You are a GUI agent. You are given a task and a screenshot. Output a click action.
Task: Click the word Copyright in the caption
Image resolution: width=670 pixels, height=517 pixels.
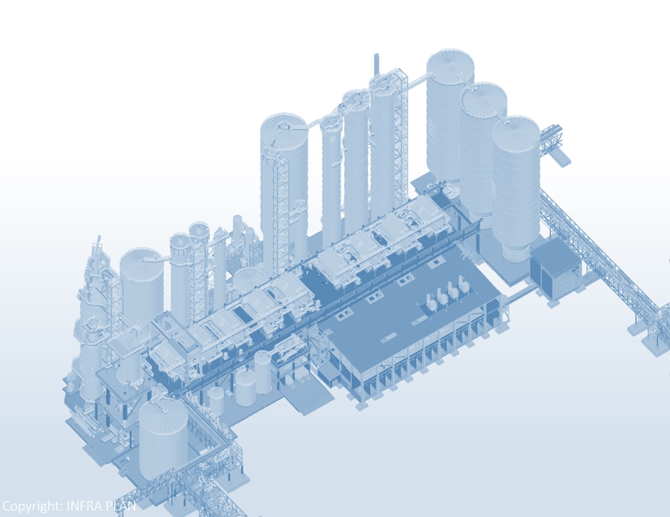(x=32, y=506)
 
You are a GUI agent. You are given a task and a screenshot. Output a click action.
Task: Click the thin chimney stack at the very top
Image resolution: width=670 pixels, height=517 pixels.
(x=376, y=64)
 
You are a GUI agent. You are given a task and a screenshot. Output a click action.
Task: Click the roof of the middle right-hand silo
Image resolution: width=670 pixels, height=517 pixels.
(x=483, y=99)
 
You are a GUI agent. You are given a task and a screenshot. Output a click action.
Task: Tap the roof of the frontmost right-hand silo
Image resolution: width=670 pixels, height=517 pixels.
(x=516, y=133)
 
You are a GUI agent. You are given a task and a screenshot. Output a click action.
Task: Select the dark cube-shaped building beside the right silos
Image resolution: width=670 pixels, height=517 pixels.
(x=554, y=267)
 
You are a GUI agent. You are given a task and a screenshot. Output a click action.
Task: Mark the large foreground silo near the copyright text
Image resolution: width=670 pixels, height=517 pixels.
(x=163, y=438)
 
